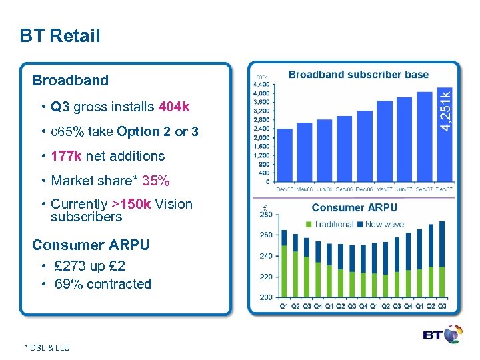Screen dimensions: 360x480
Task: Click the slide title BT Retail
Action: point(60,36)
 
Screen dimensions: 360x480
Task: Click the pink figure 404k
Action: point(174,107)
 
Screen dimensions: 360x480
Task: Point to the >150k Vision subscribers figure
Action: point(131,204)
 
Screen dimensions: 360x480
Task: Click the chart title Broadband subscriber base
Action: point(358,74)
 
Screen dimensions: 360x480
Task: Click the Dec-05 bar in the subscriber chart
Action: point(284,155)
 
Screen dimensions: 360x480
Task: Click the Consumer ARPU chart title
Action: point(354,208)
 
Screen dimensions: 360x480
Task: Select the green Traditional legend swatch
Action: point(309,225)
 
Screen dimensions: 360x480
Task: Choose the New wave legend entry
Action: point(383,225)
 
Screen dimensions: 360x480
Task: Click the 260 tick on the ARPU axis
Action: point(265,235)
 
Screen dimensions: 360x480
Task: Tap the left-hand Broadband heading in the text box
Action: point(70,81)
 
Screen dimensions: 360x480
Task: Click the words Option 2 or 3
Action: point(157,131)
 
